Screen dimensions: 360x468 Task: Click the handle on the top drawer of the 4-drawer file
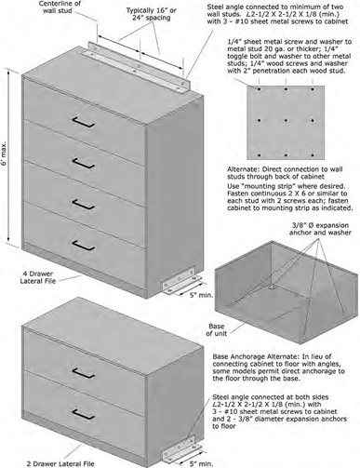83,122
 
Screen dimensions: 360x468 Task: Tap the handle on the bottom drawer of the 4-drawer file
83,245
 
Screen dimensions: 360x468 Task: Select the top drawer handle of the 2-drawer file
83,373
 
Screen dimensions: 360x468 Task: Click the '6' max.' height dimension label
4,158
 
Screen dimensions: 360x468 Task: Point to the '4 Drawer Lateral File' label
38,277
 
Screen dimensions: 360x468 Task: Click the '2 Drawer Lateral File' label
60,464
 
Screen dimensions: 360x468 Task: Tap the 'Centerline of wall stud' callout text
60,7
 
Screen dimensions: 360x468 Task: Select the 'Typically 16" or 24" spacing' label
151,14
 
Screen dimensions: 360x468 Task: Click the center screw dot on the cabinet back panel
286,120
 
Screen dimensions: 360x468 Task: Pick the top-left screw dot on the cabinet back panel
259,89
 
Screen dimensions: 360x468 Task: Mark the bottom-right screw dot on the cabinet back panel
313,155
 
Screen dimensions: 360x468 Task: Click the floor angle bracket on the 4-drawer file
181,281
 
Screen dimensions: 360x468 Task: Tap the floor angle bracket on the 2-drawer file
181,449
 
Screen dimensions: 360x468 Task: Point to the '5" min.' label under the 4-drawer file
201,295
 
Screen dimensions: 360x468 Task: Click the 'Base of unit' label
217,330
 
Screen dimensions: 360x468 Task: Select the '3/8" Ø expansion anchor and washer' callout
320,229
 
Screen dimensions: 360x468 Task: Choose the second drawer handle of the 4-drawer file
83,163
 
